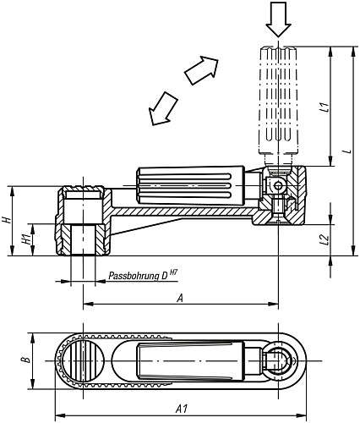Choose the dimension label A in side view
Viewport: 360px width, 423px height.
point(179,298)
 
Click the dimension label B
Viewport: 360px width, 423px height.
point(25,359)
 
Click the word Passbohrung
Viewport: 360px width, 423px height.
point(134,276)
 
